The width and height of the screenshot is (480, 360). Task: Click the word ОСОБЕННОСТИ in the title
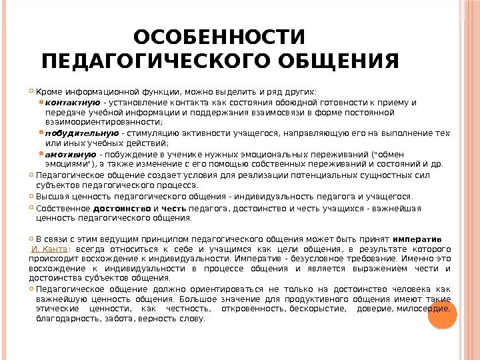219,37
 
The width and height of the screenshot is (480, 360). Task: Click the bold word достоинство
121,208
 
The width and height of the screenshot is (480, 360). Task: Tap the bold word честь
173,208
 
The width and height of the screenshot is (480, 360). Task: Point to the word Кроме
48,91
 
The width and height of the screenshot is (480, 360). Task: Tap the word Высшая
52,197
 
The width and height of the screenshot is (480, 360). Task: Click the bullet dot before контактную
41,102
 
